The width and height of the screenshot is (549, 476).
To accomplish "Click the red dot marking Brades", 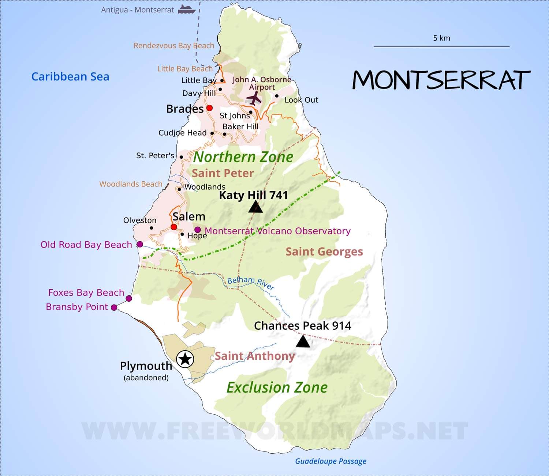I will click(x=209, y=108).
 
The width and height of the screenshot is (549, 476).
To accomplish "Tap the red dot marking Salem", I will click(x=174, y=227).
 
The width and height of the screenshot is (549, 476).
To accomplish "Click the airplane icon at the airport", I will click(x=254, y=98).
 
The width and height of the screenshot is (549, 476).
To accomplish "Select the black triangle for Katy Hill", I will click(x=255, y=207).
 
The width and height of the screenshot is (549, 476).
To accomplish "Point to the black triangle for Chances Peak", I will click(x=303, y=342).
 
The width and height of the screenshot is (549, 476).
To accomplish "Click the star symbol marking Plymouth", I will click(x=185, y=359).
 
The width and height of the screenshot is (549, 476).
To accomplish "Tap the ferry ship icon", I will click(x=187, y=10).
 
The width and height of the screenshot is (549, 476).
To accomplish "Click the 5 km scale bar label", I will click(x=441, y=38).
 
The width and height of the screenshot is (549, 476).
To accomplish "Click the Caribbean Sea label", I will click(x=70, y=76).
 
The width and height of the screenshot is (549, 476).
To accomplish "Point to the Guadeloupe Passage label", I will click(x=330, y=461).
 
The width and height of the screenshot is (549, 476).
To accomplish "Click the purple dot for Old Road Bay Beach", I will click(x=139, y=244).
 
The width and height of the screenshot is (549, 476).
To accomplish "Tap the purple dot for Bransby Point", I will click(x=114, y=307).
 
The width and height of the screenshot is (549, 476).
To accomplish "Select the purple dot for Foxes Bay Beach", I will click(x=129, y=299).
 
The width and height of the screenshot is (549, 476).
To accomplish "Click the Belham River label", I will click(x=251, y=283).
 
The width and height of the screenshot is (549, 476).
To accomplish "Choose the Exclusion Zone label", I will click(x=277, y=388).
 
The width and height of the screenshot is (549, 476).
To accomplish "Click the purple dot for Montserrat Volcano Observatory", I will click(x=198, y=230).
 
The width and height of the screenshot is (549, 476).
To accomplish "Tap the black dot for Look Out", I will click(x=277, y=96).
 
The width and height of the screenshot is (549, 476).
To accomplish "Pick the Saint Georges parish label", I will click(x=324, y=252).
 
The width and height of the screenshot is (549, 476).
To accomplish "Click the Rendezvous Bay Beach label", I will click(x=173, y=46).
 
